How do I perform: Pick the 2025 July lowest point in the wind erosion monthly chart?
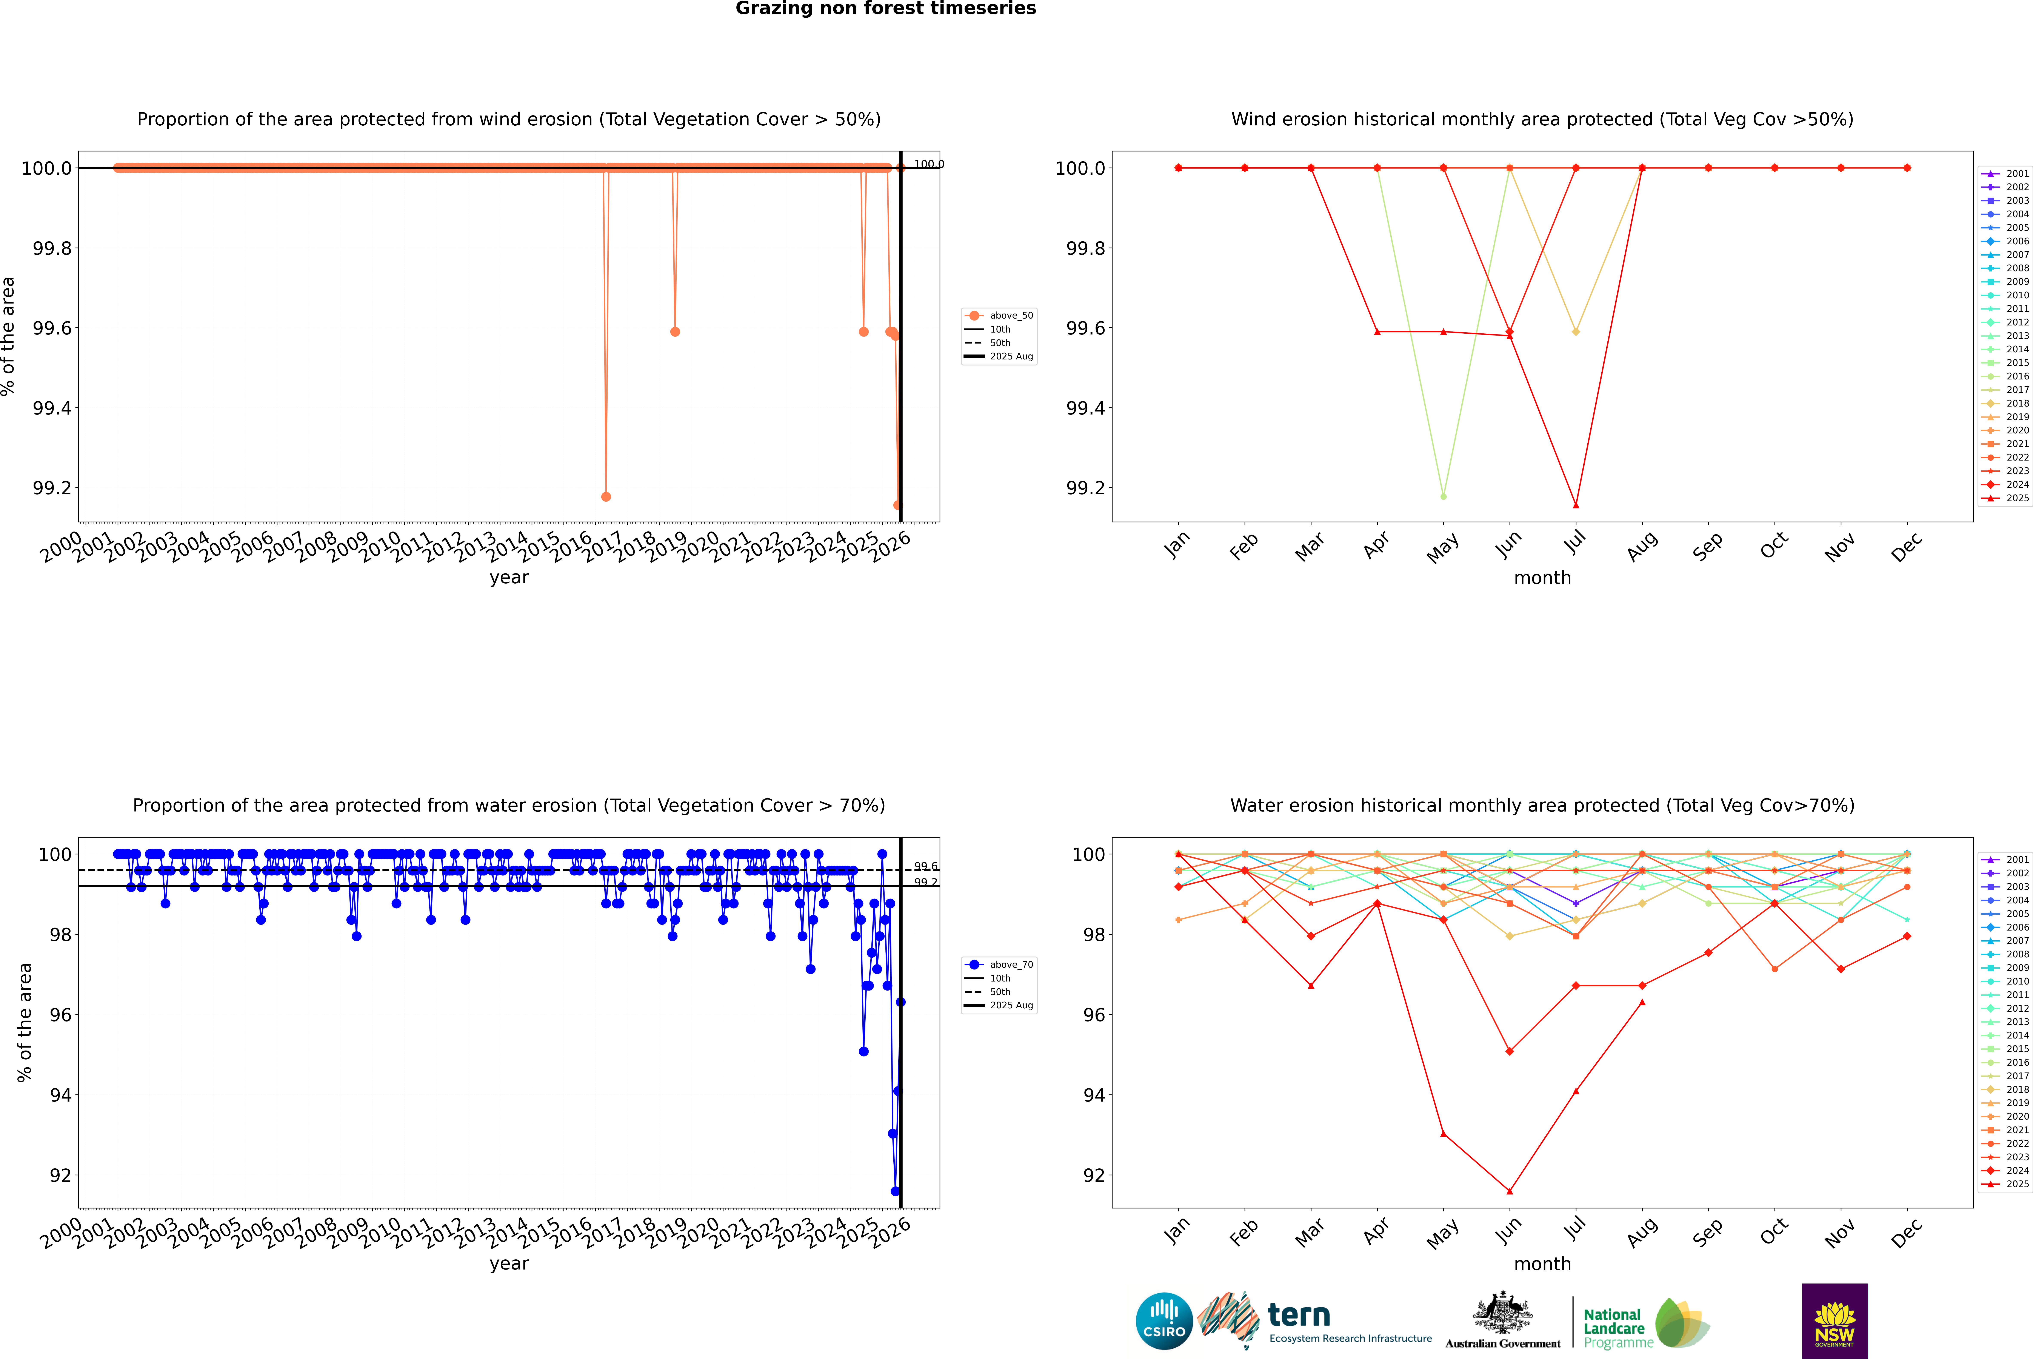point(1575,505)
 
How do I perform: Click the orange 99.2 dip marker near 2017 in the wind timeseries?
point(606,497)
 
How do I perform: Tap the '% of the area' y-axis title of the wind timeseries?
point(9,336)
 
